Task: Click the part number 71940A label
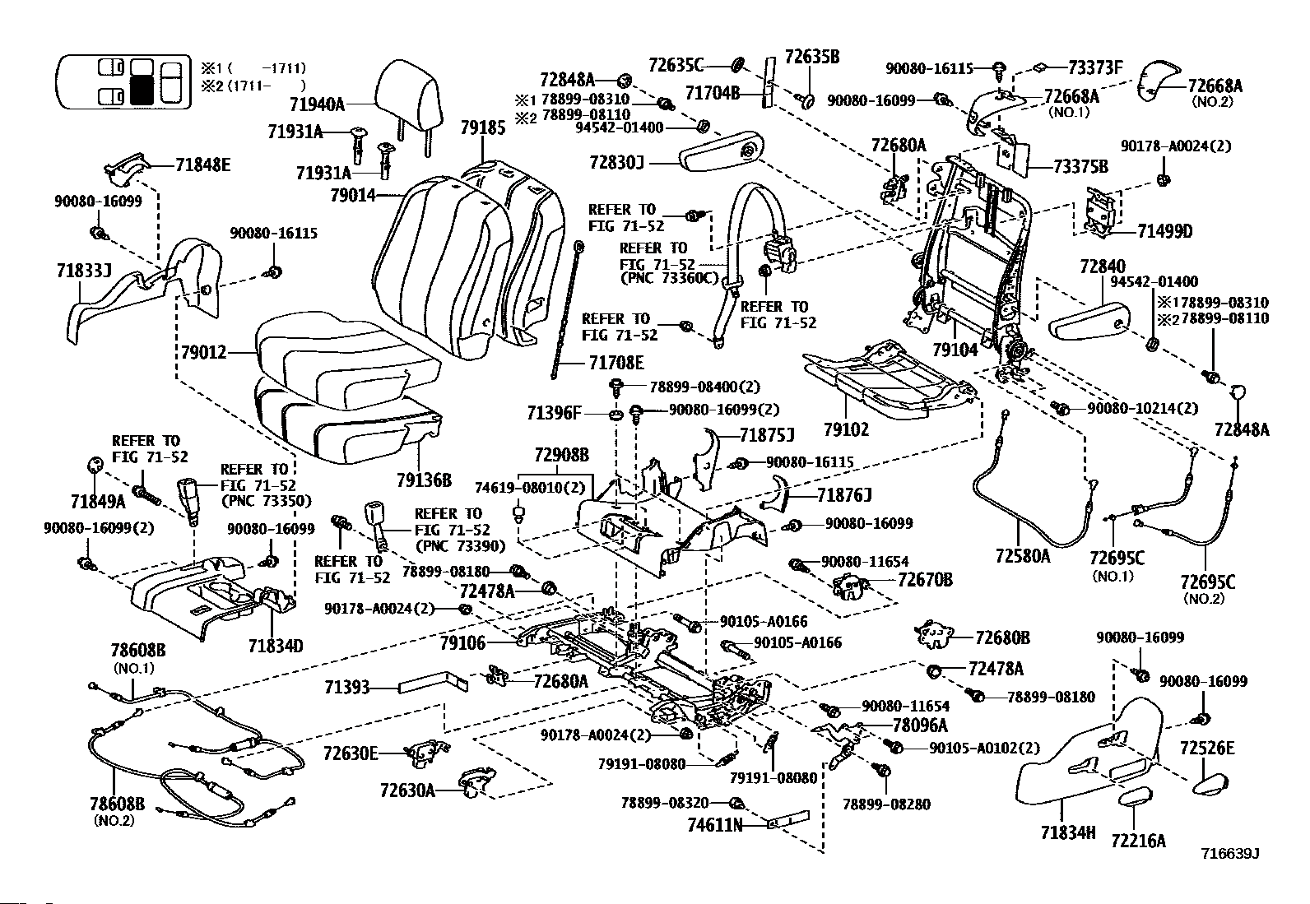(x=317, y=104)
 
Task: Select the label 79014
(x=353, y=195)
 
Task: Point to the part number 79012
(x=203, y=353)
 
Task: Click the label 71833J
(x=84, y=271)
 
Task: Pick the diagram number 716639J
(x=1230, y=854)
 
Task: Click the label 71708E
(x=616, y=363)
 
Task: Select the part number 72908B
(x=561, y=454)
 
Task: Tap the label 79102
(x=846, y=429)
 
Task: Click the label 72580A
(x=1023, y=555)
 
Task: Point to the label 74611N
(x=715, y=825)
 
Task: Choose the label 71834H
(x=1068, y=832)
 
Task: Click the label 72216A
(x=1139, y=841)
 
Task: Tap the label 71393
(x=347, y=688)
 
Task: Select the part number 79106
(x=462, y=643)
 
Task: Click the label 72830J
(x=616, y=163)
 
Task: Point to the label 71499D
(x=1164, y=232)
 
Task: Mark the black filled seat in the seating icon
(x=142, y=90)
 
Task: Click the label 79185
(x=483, y=128)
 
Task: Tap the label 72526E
(x=1207, y=748)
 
